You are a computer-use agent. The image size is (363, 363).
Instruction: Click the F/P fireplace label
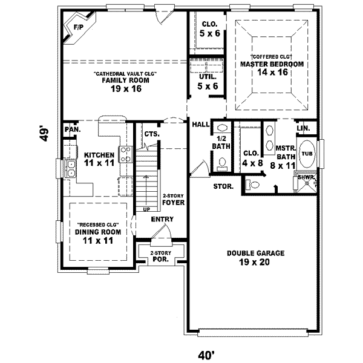78,27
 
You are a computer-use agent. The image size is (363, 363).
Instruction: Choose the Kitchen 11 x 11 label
99,159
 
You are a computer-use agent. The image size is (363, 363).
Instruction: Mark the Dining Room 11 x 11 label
99,236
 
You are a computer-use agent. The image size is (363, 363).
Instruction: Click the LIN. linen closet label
303,129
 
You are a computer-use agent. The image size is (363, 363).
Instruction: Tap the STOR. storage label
223,186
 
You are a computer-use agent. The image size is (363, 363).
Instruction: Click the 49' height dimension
43,133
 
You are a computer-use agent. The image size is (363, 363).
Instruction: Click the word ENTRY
162,220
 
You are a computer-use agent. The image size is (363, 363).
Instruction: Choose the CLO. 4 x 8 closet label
251,157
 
